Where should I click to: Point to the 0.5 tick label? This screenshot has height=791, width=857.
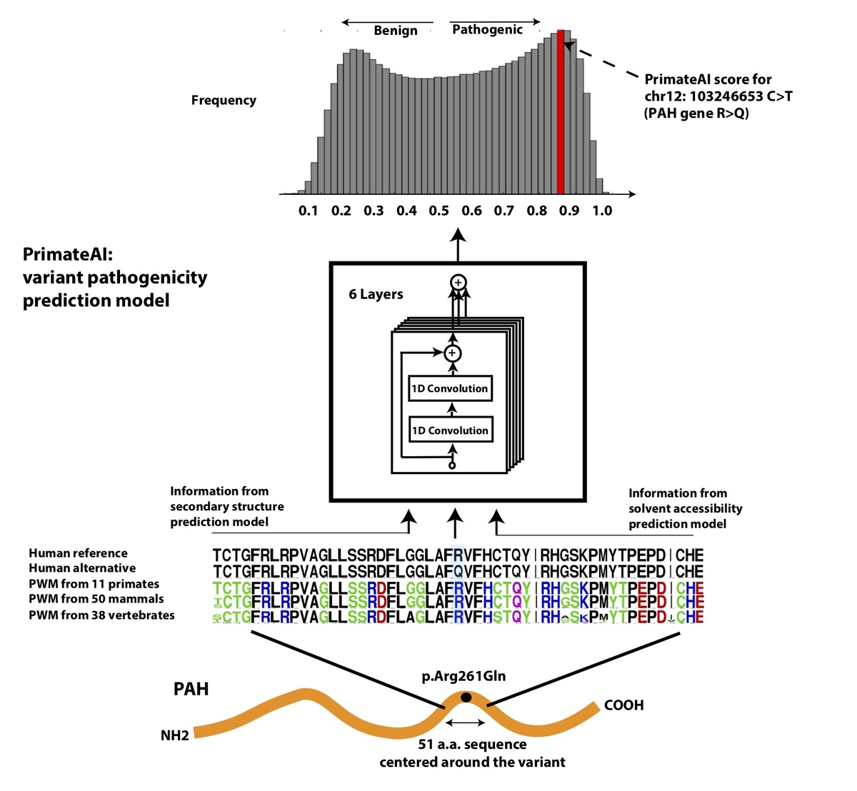438,211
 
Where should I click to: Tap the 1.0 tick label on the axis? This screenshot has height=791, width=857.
602,211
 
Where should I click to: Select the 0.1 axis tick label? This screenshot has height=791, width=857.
308,211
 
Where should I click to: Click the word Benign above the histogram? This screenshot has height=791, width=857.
396,31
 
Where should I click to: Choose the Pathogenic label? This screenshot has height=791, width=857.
487,30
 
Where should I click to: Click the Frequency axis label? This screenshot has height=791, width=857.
224,101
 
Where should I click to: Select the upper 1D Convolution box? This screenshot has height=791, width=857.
450,388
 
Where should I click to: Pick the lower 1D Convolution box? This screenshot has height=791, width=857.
450,430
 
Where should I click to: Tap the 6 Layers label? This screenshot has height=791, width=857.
376,294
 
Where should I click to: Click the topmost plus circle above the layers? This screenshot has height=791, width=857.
458,283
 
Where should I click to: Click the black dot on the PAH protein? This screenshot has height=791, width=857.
466,697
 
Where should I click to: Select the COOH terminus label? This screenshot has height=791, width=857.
623,705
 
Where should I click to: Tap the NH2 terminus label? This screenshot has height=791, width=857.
175,735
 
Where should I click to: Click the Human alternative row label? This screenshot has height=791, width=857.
82,568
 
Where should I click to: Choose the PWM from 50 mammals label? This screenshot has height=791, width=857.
96,599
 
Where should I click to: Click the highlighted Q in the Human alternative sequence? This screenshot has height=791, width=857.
458,571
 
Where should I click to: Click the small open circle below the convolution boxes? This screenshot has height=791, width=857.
451,465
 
